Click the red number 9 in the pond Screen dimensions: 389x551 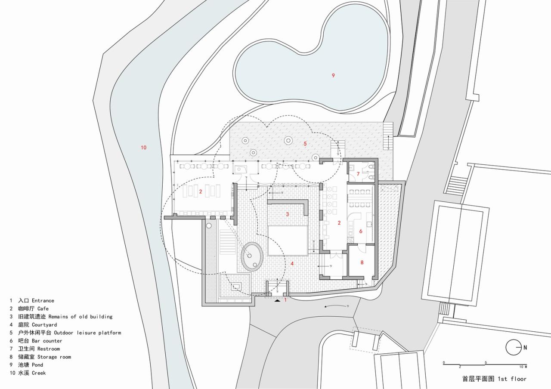click(x=333, y=76)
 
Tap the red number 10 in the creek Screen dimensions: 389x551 click(x=143, y=148)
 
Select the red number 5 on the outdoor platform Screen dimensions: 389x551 click(x=305, y=144)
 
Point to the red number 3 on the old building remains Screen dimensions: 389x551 click(x=288, y=214)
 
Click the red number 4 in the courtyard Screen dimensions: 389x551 click(x=292, y=263)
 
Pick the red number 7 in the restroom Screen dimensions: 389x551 click(x=358, y=174)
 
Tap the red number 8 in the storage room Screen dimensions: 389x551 click(x=362, y=262)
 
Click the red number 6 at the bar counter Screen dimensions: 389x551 click(x=361, y=231)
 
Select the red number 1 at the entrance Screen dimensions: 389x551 click(x=285, y=299)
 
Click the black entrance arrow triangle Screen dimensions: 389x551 click(x=277, y=301)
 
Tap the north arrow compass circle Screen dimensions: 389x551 click(x=513, y=347)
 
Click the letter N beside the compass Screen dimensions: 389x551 click(x=525, y=347)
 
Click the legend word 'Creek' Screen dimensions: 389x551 click(x=38, y=373)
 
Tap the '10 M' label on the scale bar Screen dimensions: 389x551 click(x=523, y=367)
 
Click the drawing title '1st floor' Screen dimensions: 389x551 click(x=512, y=379)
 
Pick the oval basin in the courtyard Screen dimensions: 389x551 click(x=252, y=256)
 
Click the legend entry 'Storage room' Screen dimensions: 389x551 click(x=54, y=357)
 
